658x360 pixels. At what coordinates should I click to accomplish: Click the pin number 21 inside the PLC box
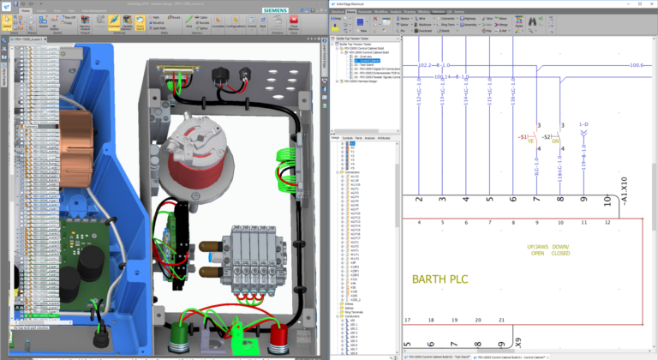[500, 320]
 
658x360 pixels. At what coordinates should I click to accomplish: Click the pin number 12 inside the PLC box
[607, 222]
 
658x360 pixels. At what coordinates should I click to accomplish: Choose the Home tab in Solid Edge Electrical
[351, 13]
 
